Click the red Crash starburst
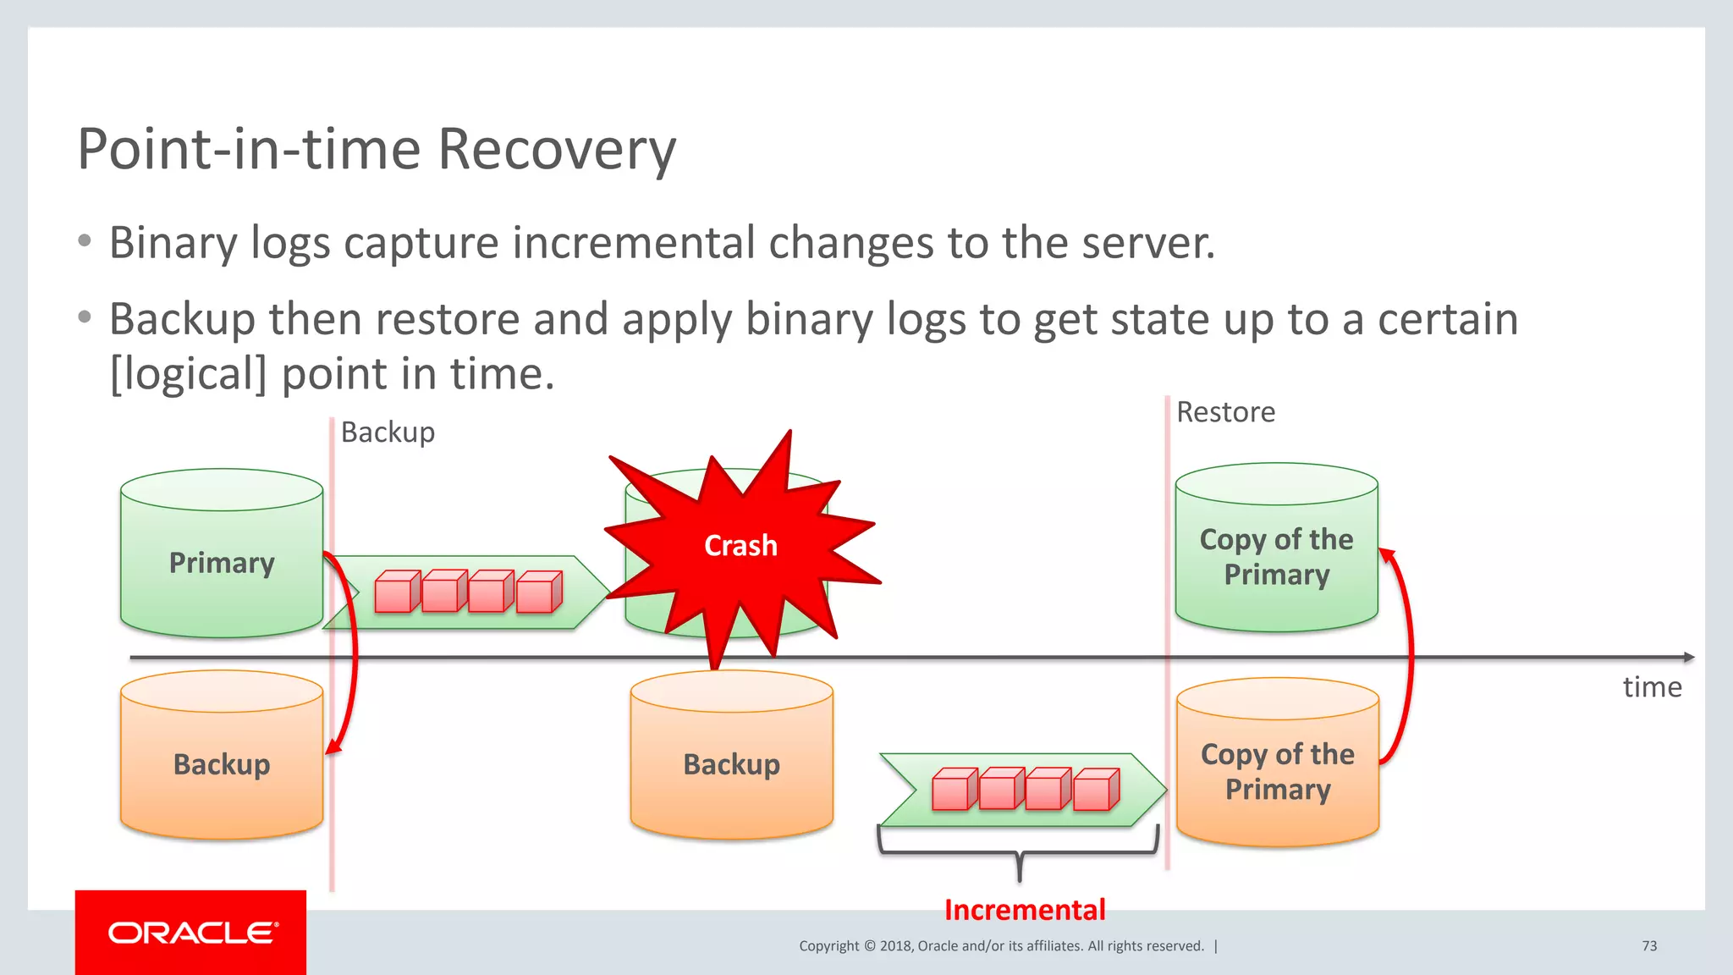tap(740, 546)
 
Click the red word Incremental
tap(1025, 910)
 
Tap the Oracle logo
tap(191, 933)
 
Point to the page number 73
tap(1649, 945)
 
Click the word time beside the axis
tap(1652, 687)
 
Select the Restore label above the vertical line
tap(1225, 412)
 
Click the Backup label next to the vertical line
tap(388, 432)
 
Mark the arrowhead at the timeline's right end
tap(1688, 657)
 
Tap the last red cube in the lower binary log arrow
tap(1096, 790)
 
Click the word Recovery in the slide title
tap(557, 150)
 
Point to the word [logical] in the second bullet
tap(188, 374)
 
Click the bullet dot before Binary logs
tap(84, 241)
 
